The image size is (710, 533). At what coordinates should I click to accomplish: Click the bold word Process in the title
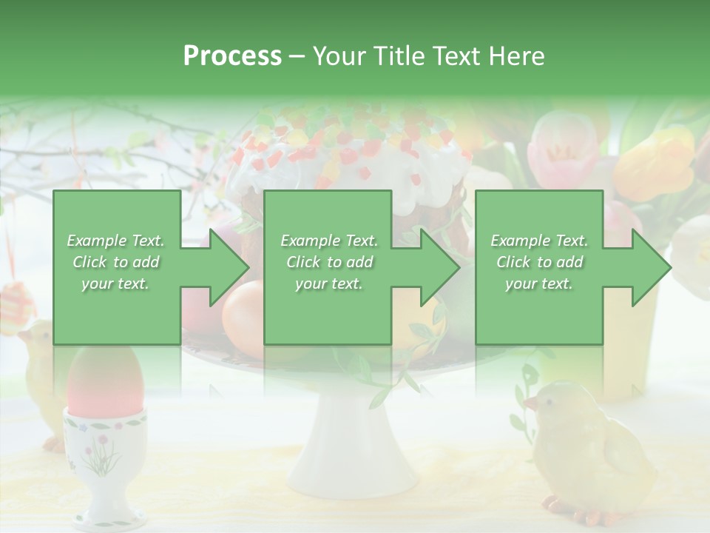(232, 56)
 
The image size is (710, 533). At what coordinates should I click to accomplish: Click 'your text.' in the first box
(115, 284)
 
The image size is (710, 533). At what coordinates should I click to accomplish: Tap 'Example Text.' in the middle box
(328, 241)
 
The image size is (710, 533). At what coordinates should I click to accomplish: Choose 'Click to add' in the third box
(539, 262)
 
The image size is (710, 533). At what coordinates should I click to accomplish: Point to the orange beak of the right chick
(530, 403)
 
